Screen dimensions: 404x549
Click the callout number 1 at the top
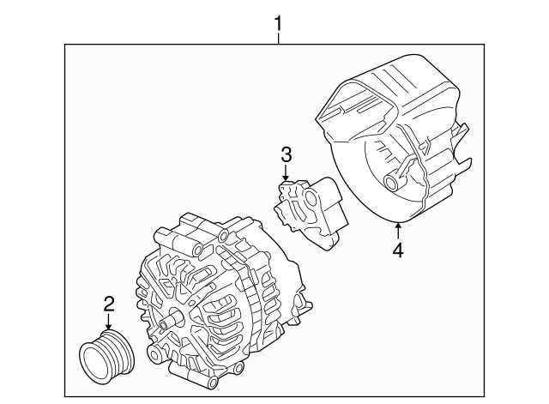point(278,18)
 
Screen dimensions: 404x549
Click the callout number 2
point(109,302)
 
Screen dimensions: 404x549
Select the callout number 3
point(286,155)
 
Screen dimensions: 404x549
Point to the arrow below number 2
point(109,323)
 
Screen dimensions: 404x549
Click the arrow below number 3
point(286,172)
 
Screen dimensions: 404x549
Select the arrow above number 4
point(397,230)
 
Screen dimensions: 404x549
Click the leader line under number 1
point(278,36)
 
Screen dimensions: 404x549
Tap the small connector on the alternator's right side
point(299,305)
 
